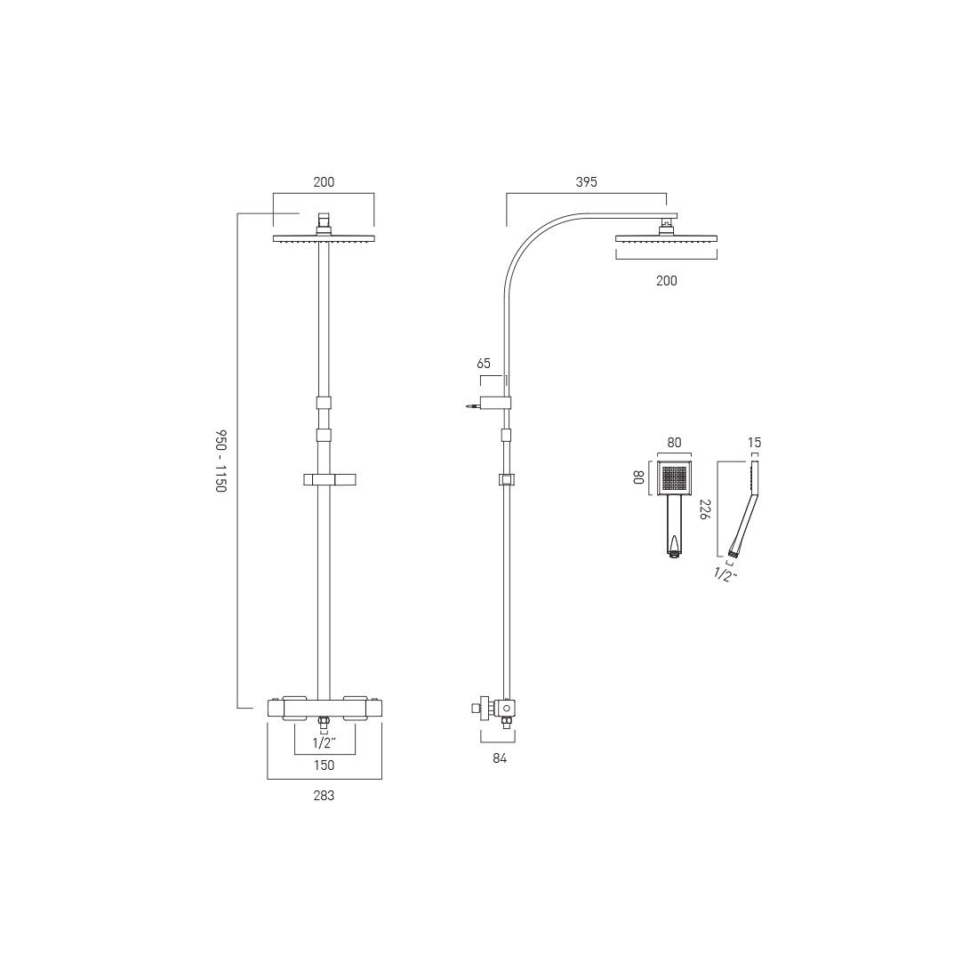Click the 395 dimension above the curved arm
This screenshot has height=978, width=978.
coord(586,182)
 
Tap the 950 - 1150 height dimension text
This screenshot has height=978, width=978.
coord(220,461)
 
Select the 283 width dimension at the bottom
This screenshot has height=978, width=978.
coord(324,795)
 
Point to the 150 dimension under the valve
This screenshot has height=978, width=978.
coord(325,765)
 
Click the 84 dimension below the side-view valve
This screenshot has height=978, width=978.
coord(500,758)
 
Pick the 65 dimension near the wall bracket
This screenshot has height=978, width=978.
coord(484,363)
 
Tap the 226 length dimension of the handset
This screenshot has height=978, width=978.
coord(706,509)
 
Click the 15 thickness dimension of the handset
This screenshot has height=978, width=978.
coord(754,443)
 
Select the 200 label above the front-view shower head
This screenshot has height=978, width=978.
coord(324,182)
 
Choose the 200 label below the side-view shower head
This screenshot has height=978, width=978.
coord(666,281)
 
